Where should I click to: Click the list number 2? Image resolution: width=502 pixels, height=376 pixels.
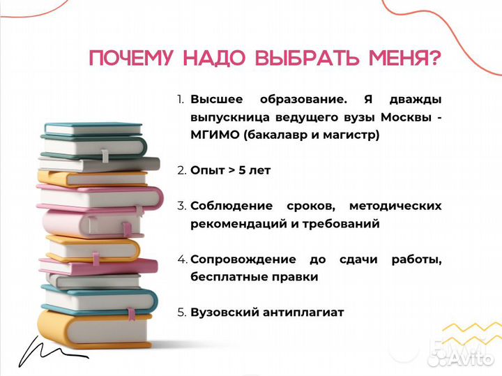pyautogui.click(x=181, y=170)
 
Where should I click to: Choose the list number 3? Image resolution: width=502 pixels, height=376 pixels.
pyautogui.click(x=181, y=206)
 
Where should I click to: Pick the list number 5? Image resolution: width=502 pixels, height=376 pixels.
pyautogui.click(x=181, y=313)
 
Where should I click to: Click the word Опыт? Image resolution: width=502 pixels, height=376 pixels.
pyautogui.click(x=206, y=170)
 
